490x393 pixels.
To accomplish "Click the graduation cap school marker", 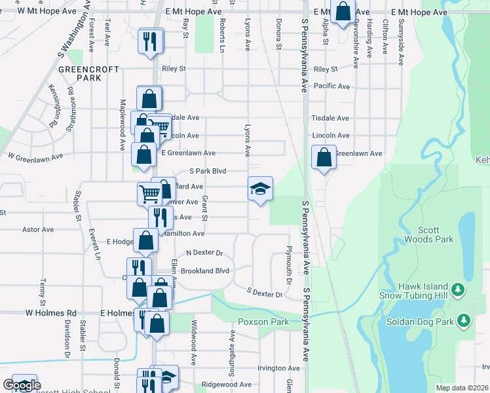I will coord(260,189).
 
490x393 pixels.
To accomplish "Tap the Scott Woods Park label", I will coord(435,235).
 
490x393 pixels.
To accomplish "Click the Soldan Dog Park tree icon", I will coord(464,320).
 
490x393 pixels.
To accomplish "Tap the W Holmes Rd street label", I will coord(51,313).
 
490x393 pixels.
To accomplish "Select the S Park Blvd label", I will coord(208,171).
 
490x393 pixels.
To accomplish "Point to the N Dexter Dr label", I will coord(205,253).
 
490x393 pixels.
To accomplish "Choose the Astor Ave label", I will coord(38,230).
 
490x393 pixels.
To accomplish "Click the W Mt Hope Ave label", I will coord(46,12).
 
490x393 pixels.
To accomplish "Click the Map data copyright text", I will coord(462,388).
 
